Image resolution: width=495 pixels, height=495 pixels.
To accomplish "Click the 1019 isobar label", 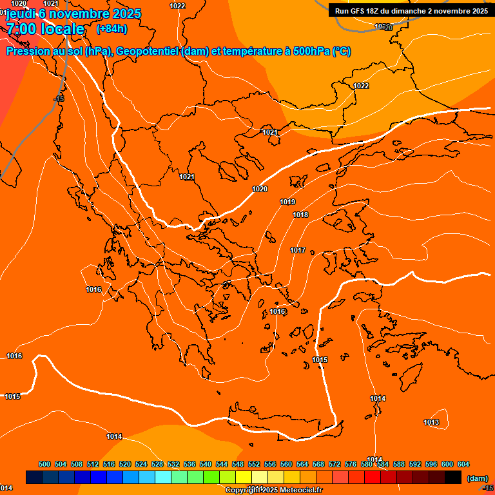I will pos(287,202).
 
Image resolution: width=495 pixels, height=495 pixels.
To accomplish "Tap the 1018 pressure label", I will pos(300,215).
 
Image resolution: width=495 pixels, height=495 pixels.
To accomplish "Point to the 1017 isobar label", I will pos(298,250).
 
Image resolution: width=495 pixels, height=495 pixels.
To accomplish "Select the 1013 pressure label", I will pos(431,423).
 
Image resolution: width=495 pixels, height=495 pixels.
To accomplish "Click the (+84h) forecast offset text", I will pos(112,28).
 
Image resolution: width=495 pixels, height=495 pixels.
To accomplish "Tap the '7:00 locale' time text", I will pos(46,29).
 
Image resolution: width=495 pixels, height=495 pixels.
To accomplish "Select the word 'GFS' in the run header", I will pos(358,11).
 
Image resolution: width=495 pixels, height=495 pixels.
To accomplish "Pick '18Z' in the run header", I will pos(376,11).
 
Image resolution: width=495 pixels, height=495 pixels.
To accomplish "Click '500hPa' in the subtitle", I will pos(311,52).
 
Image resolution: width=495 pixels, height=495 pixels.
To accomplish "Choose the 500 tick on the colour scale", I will pos(44,464).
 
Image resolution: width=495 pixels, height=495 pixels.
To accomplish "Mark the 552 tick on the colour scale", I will pos(254,464).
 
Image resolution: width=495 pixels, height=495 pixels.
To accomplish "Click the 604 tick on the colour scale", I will pos(463,464).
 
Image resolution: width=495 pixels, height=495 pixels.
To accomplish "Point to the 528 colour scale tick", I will pos(157,464).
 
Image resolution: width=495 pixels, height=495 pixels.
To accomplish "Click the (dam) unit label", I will pos(477,478).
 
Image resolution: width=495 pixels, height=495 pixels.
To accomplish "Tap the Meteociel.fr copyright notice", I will pos(273,490).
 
